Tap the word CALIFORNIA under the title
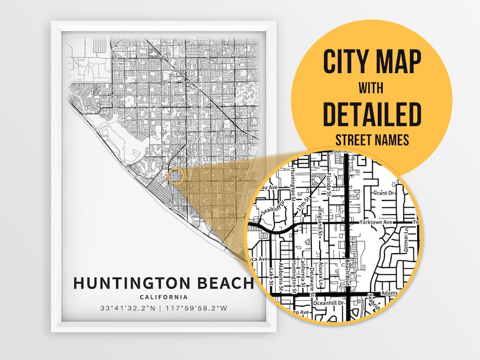[x=162, y=297]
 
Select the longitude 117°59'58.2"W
[x=198, y=309]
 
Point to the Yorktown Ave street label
[x=375, y=222]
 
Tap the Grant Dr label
[x=383, y=193]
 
